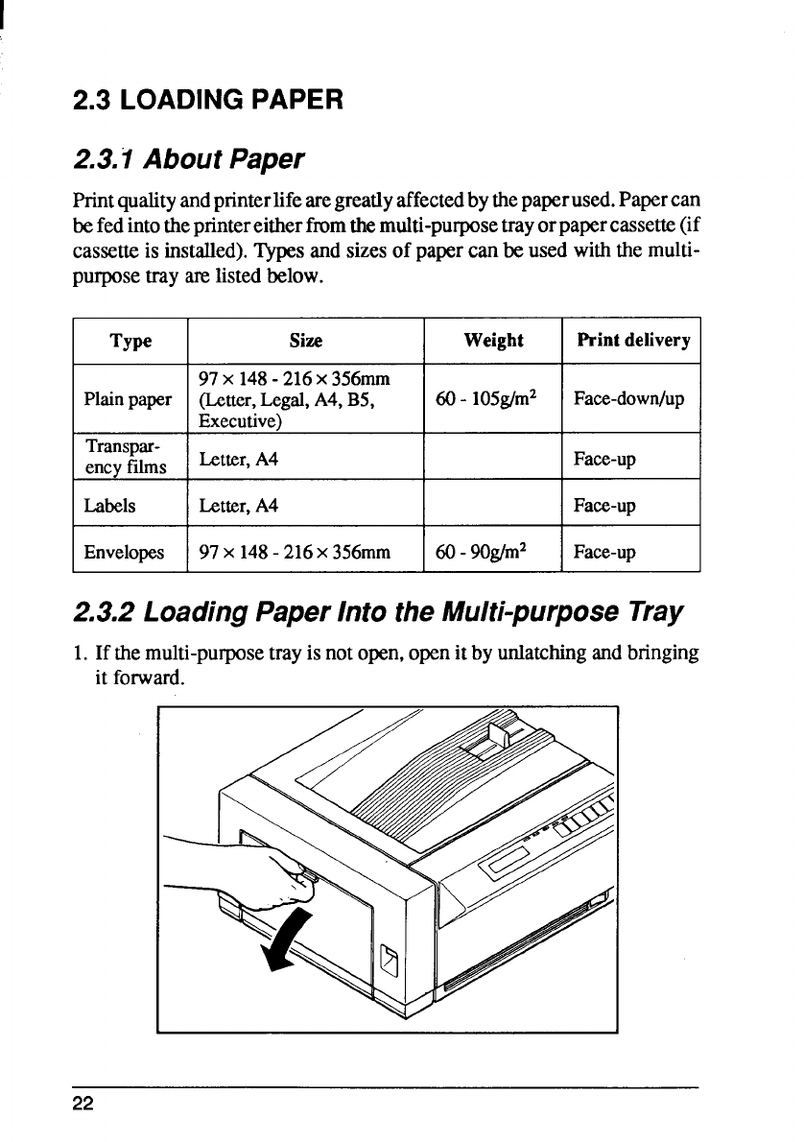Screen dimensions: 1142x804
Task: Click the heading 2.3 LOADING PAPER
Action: pyautogui.click(x=207, y=98)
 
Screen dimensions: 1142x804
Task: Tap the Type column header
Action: pyautogui.click(x=130, y=341)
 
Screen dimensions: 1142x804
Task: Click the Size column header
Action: pyautogui.click(x=306, y=341)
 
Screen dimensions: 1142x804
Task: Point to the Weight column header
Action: pyautogui.click(x=493, y=341)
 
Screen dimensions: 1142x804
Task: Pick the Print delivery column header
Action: pyautogui.click(x=632, y=341)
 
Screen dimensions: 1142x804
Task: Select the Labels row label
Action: pyautogui.click(x=109, y=505)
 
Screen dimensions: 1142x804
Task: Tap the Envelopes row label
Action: pyautogui.click(x=123, y=552)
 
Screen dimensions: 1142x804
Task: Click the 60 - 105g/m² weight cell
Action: pyautogui.click(x=493, y=398)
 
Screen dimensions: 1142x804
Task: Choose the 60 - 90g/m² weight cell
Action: pyautogui.click(x=489, y=552)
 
